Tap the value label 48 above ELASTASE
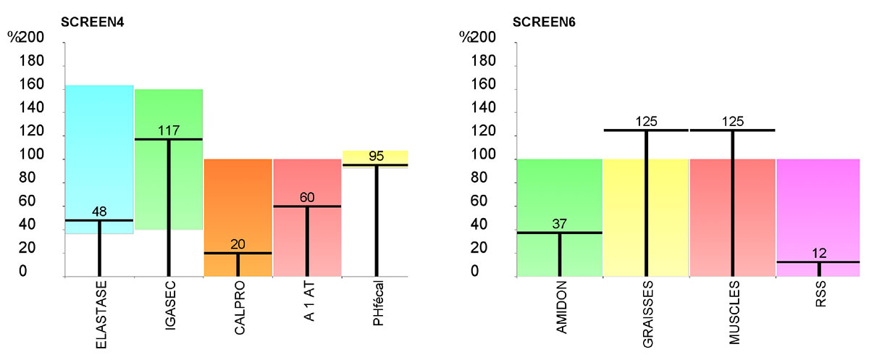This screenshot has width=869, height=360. point(99,212)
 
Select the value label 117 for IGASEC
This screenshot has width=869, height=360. point(168,130)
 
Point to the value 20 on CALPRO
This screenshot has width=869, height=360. point(238,245)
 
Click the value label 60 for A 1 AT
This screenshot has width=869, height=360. point(306,198)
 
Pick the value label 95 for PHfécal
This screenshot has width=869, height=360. point(375,156)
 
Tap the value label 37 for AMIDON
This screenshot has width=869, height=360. point(559,225)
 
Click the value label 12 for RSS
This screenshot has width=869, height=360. point(818,254)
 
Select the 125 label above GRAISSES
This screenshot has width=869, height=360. point(646,121)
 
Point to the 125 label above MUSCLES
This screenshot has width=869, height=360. point(732,121)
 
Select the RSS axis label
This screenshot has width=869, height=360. point(819,298)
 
